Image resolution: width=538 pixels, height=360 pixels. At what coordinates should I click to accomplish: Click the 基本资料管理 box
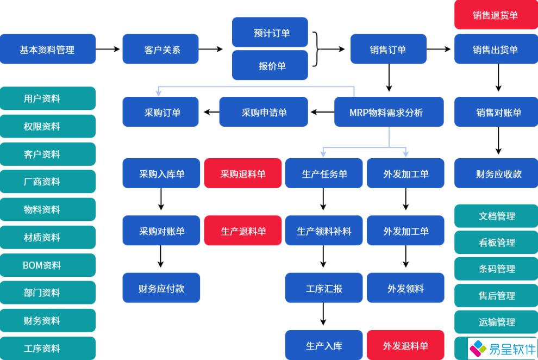(x=48, y=49)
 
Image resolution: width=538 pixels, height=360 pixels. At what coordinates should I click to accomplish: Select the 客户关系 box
(x=161, y=49)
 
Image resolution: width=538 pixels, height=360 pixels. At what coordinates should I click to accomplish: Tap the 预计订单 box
(x=270, y=33)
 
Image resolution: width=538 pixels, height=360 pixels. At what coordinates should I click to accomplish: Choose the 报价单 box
(x=270, y=66)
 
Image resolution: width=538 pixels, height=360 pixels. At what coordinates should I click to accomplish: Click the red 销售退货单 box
(x=496, y=15)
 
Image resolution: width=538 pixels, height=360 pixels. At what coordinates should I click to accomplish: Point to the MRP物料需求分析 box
(x=389, y=113)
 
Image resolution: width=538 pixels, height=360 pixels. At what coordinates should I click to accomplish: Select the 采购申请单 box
(x=264, y=113)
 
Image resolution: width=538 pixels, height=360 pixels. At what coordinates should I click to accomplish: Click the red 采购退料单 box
(x=243, y=173)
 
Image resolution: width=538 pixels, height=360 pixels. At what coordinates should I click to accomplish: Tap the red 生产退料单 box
(x=243, y=231)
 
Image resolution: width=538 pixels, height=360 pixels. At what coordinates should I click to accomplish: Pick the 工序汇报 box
(x=324, y=288)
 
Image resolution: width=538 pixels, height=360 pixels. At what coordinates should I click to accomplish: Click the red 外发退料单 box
(x=405, y=345)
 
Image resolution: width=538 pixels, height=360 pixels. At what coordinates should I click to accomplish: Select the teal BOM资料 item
(x=48, y=265)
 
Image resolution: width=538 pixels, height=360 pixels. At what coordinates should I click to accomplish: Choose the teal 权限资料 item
(x=48, y=126)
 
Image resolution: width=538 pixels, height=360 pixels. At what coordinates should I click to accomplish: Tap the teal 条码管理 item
(x=496, y=269)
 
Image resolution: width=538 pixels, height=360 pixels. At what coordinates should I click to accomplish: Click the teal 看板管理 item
(x=496, y=243)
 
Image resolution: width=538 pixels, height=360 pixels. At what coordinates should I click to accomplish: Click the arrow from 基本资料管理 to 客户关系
(x=108, y=49)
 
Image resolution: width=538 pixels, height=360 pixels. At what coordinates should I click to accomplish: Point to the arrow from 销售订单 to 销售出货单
(x=439, y=49)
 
